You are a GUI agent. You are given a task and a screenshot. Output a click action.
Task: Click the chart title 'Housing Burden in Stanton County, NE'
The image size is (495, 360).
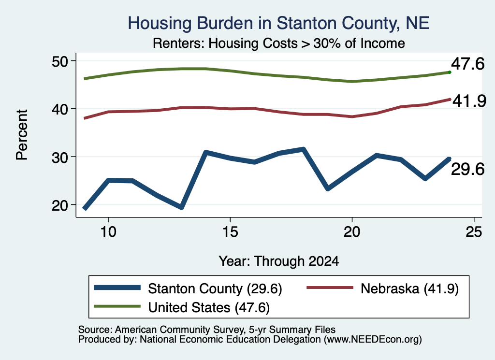(x=278, y=23)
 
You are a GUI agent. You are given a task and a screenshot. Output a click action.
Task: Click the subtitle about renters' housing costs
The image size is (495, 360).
(x=279, y=43)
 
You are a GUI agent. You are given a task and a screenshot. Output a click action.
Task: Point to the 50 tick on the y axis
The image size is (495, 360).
(x=60, y=61)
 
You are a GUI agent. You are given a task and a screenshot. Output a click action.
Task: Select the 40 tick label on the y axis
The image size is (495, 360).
(x=60, y=109)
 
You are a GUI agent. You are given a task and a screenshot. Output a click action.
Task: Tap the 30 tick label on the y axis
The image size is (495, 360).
(x=60, y=157)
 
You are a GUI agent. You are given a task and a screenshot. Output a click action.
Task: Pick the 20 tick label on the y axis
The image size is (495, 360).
(x=60, y=205)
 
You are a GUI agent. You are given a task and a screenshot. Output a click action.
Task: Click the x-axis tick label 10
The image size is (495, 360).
(x=108, y=232)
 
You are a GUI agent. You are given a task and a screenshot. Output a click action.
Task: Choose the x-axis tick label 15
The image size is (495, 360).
(x=230, y=232)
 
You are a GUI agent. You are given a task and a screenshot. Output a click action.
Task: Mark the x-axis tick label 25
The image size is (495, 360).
(x=474, y=232)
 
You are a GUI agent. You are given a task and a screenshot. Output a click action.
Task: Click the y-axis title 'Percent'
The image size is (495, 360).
(x=22, y=135)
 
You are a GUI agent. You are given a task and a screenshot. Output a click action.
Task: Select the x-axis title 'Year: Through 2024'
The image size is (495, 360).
(x=279, y=261)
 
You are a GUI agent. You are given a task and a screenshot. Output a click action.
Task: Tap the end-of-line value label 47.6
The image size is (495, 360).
(x=467, y=64)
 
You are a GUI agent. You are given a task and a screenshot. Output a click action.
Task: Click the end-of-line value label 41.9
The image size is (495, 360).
(x=469, y=101)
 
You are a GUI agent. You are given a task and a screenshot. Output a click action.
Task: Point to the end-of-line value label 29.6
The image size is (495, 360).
(x=467, y=170)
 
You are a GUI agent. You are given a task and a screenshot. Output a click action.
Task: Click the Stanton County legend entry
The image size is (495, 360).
(x=188, y=288)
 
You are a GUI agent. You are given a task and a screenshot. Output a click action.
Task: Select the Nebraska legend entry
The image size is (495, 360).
(x=383, y=288)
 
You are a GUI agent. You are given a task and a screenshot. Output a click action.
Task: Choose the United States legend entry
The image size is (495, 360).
(x=182, y=307)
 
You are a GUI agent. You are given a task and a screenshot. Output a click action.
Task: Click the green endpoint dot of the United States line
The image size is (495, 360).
(x=450, y=72)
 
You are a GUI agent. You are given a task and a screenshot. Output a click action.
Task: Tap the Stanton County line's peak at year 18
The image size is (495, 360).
(x=303, y=149)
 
